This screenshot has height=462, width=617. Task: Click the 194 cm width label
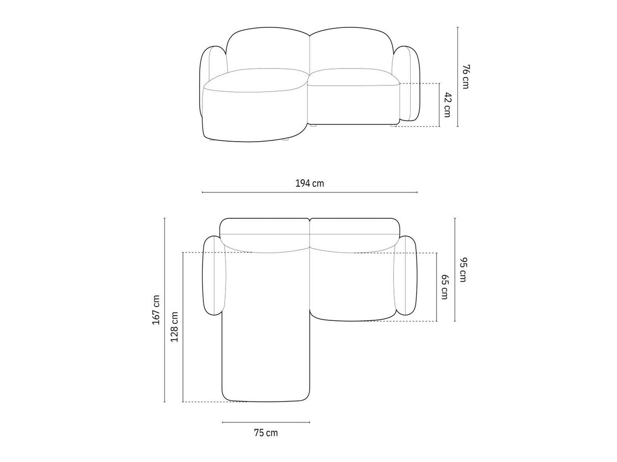click(310, 184)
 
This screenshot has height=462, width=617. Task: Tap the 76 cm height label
click(466, 77)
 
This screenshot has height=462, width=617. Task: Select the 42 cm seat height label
click(447, 105)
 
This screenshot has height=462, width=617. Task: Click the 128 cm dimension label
click(174, 327)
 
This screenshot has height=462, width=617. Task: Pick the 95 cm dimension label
click(462, 270)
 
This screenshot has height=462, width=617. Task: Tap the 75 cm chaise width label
click(266, 433)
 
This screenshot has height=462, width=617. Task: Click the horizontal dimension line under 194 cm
click(310, 192)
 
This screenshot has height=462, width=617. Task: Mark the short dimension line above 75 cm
click(266, 422)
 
